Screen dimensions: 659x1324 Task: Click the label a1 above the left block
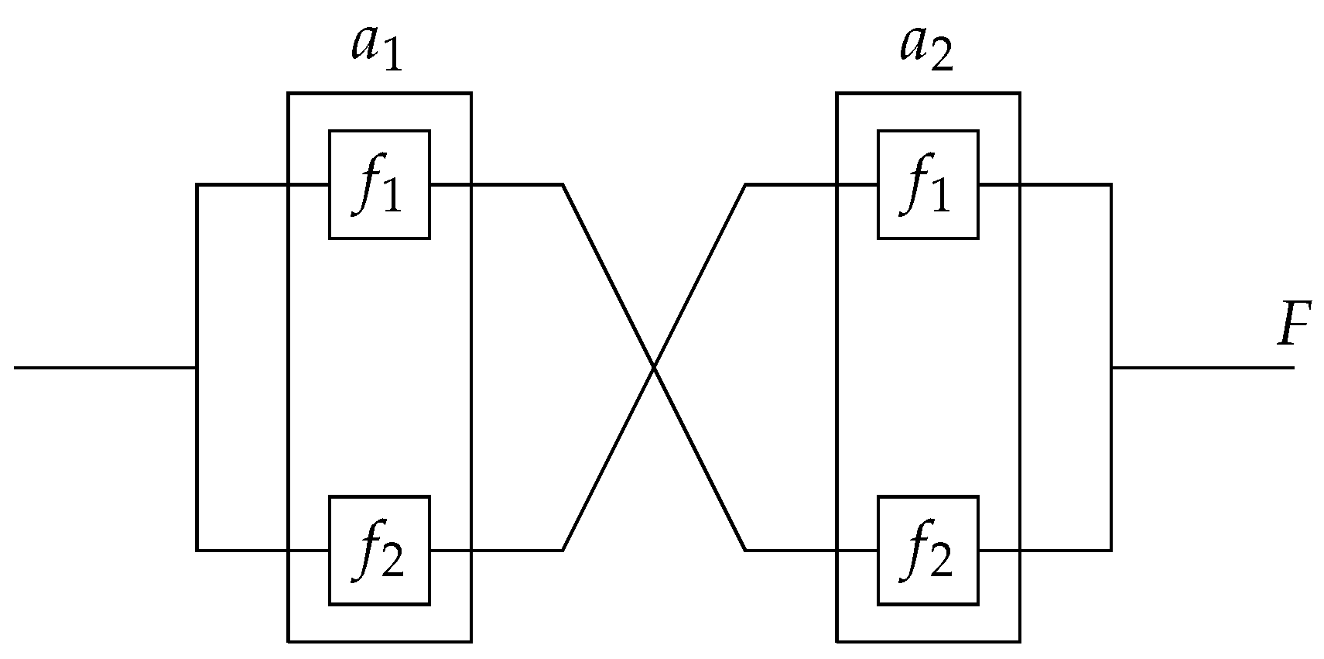pos(377,48)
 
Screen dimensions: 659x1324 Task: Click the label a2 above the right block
pos(925,48)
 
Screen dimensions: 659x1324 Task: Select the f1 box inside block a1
pos(379,184)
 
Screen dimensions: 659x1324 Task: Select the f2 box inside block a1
pos(379,550)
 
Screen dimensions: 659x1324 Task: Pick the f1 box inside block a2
pos(927,184)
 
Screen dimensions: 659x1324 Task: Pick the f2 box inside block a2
pos(927,550)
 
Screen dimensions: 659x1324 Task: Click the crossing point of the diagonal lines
pos(654,367)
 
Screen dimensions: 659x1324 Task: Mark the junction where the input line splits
pos(197,367)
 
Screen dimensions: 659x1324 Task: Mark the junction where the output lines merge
pos(1111,367)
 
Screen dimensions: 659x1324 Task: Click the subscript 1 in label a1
pos(393,58)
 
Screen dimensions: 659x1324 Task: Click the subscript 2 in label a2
pos(942,58)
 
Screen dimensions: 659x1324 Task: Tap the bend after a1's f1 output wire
pos(563,184)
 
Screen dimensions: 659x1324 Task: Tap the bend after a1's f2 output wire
pos(563,550)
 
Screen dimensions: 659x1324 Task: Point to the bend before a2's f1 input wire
pos(745,184)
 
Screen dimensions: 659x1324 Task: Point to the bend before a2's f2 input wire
pos(745,550)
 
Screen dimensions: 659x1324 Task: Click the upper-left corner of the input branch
pos(197,184)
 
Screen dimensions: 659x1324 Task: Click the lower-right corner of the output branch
pos(1111,550)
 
